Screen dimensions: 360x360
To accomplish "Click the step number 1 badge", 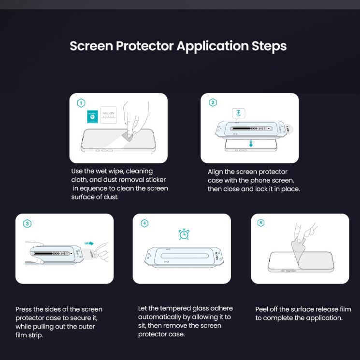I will click(81, 103).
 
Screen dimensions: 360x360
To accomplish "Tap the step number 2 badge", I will click(213, 102).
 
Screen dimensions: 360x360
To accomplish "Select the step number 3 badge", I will click(28, 223).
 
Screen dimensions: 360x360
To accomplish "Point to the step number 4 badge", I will click(144, 223).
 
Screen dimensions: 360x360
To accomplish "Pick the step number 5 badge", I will click(261, 223).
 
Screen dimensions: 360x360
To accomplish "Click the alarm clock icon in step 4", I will click(184, 234).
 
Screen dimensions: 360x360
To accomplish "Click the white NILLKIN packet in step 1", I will click(108, 115).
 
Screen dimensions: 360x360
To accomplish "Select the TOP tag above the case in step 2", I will click(238, 114).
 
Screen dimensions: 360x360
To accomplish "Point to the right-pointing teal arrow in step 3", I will click(88, 244).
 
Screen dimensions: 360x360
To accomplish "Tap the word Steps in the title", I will click(269, 46).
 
